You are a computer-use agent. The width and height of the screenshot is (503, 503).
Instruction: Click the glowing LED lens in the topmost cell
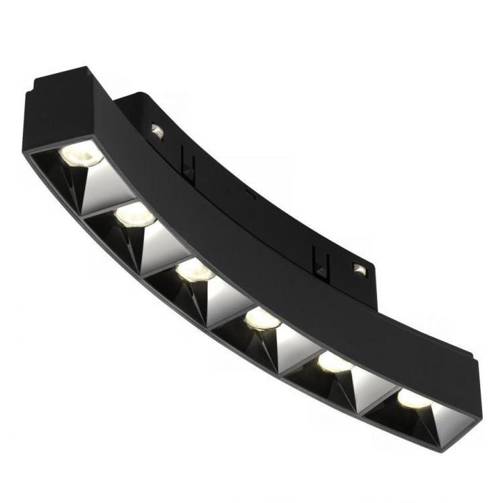click(81, 154)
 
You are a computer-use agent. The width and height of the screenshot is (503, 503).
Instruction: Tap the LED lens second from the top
click(135, 215)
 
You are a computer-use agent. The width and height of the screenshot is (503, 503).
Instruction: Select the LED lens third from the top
click(196, 270)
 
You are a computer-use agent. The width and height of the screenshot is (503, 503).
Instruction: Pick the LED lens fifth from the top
click(334, 362)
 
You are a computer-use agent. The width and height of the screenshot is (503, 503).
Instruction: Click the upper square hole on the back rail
click(157, 131)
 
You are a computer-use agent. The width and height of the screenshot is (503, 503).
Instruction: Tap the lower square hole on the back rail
click(359, 270)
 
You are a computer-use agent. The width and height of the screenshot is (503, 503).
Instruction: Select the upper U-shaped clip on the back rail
click(186, 164)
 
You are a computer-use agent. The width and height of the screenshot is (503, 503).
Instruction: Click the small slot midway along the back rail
click(249, 194)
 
